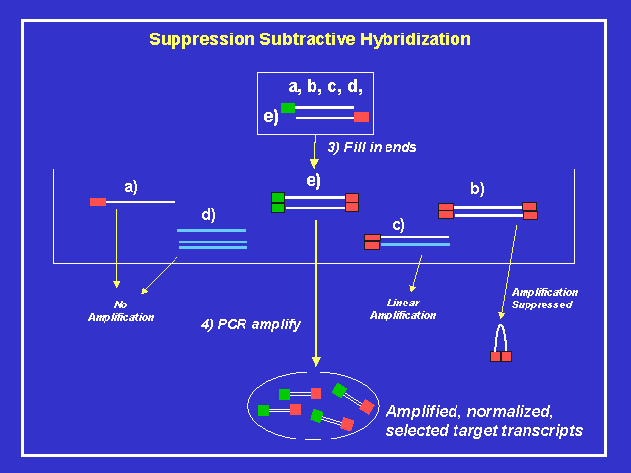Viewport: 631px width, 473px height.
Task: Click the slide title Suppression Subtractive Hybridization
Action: click(310, 39)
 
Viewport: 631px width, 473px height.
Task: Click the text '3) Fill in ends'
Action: click(372, 147)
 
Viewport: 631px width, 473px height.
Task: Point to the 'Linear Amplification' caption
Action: click(402, 309)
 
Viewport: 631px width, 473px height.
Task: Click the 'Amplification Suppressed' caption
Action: click(543, 298)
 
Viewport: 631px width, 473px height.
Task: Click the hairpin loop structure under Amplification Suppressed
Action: click(501, 342)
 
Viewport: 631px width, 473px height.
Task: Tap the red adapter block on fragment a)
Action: click(98, 202)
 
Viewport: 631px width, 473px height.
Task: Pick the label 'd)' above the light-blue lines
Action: click(208, 214)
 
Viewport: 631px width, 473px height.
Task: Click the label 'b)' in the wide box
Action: click(477, 189)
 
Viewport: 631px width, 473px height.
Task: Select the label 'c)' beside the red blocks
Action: click(398, 224)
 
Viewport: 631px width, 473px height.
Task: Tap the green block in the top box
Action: click(288, 108)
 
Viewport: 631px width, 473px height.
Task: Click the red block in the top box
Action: click(361, 117)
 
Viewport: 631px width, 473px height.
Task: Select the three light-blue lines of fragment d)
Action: click(212, 239)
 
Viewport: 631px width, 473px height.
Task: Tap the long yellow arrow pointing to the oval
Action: click(315, 296)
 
